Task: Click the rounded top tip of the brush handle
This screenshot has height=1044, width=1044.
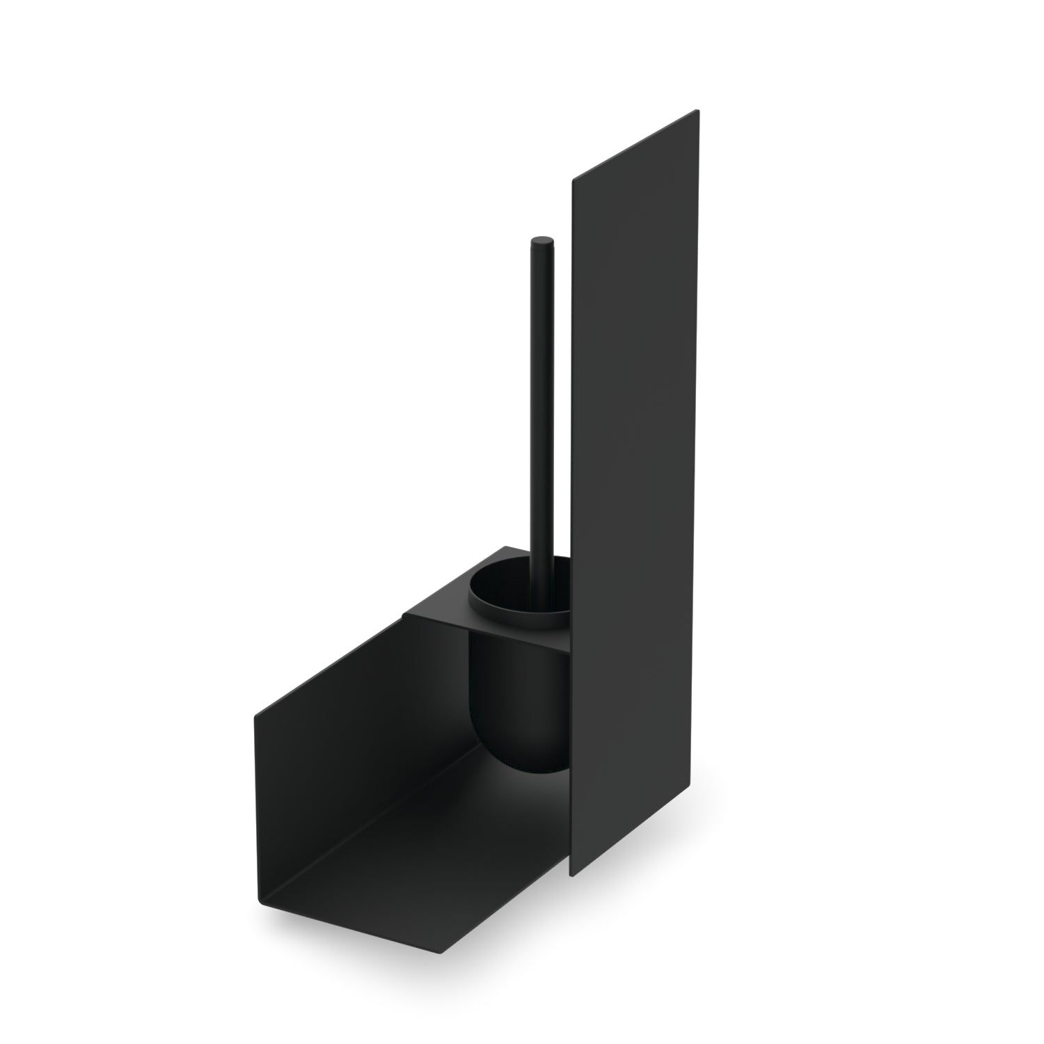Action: tap(541, 242)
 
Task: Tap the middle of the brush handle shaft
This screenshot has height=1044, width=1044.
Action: tap(543, 404)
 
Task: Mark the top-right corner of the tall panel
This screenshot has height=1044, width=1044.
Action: tap(698, 111)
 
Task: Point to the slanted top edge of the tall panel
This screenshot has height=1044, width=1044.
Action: tap(635, 146)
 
